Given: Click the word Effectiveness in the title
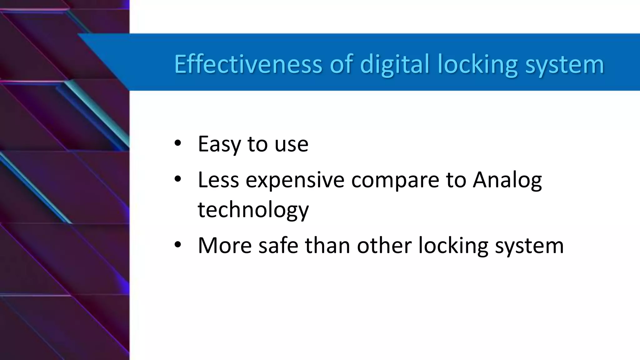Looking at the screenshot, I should pos(248,64).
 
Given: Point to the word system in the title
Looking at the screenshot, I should pos(564,64).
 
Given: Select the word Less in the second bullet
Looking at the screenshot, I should pos(218,180).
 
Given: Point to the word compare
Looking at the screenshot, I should pos(395,181).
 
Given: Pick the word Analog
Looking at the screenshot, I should pos(507,181).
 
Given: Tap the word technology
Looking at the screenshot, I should pos(253,210).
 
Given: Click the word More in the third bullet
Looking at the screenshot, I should pos(225,246).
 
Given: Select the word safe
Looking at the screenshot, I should pos(278,246).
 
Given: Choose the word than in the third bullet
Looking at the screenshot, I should pos(327,246).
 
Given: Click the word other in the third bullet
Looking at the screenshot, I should pos(384,246).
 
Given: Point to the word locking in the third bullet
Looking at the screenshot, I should pos(453,246).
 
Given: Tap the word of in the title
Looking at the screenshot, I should pos(341,64).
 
